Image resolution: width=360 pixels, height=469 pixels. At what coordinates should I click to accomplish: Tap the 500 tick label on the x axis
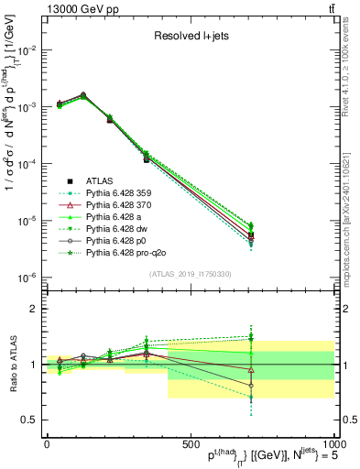190,442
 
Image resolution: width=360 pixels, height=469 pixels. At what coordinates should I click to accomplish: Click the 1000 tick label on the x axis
327,442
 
